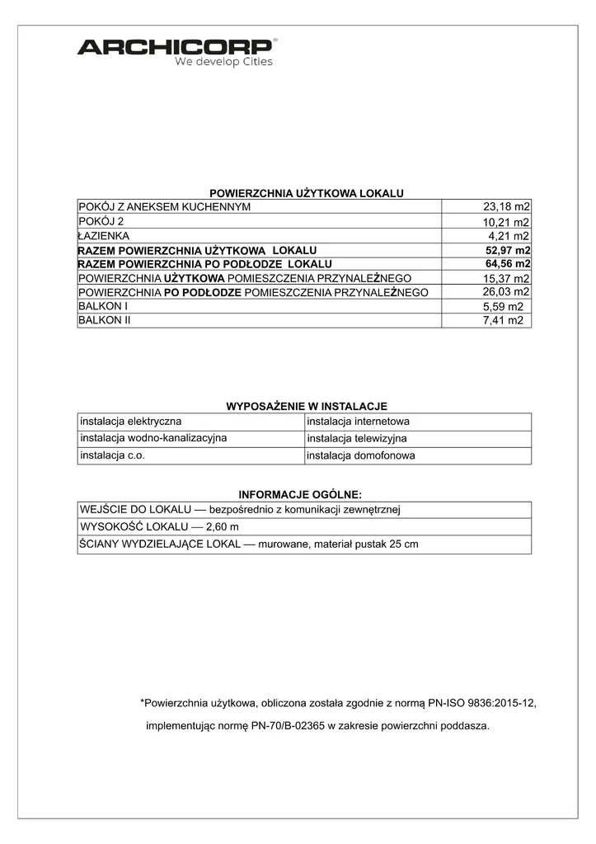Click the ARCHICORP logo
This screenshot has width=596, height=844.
[176, 46]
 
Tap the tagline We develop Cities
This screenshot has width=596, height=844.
[223, 62]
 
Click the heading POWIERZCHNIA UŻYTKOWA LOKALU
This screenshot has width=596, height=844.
[307, 192]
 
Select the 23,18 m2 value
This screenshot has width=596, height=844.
[506, 206]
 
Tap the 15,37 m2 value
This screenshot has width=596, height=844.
[506, 278]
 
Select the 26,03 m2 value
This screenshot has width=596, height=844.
[505, 291]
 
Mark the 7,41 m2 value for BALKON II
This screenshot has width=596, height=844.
[503, 321]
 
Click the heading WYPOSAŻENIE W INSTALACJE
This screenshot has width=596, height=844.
[307, 406]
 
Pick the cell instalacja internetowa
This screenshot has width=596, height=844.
[358, 422]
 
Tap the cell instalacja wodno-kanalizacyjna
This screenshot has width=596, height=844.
[153, 438]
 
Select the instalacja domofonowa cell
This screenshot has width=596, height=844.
[360, 455]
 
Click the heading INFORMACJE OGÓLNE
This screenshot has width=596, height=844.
[300, 494]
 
